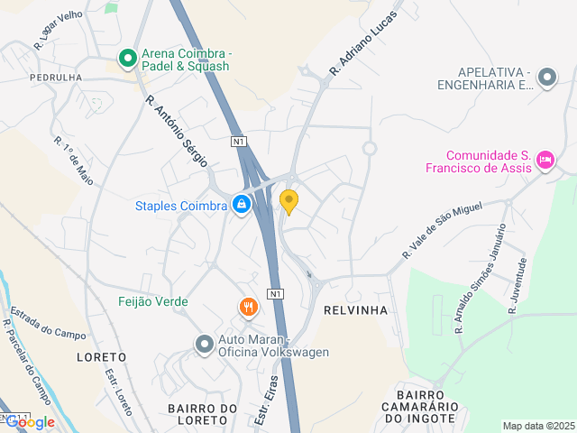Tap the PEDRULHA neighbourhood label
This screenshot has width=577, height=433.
pos(56,78)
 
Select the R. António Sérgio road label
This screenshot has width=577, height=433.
pos(176,131)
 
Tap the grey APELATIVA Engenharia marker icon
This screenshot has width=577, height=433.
pos(546,78)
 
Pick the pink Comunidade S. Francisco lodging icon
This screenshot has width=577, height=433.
pos(545,161)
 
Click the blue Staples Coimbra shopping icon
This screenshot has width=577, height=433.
pos(241,206)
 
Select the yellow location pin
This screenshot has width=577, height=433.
pos(288,201)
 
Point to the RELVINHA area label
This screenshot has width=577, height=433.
pos(355,310)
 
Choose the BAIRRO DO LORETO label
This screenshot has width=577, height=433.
pos(201,414)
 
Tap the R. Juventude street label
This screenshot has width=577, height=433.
pos(517,285)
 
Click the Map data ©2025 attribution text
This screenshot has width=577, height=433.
pos(538,426)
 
